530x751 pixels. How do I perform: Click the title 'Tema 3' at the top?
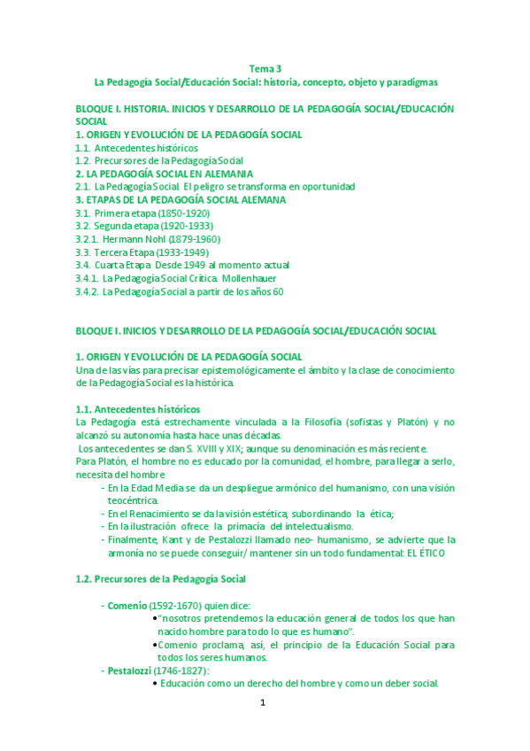pyautogui.click(x=265, y=68)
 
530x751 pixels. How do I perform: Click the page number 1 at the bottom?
pyautogui.click(x=263, y=703)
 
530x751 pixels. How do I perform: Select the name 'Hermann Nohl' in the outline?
pyautogui.click(x=132, y=239)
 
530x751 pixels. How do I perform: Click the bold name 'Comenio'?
pyautogui.click(x=127, y=605)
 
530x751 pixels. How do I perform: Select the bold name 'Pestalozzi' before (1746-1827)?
pyautogui.click(x=130, y=670)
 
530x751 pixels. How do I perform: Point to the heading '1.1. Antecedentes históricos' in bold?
pyautogui.click(x=138, y=409)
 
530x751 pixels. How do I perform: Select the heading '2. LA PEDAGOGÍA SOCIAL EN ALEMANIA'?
pyautogui.click(x=165, y=174)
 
